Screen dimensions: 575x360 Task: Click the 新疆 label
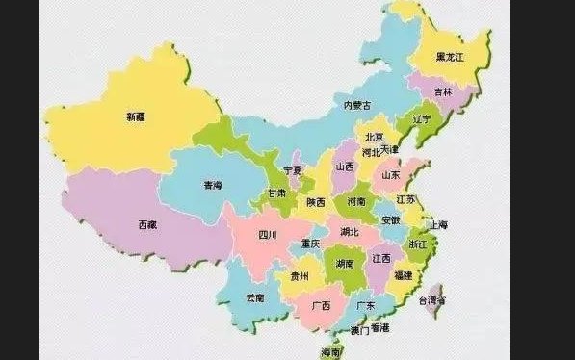[137, 116]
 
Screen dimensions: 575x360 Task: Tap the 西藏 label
[147, 225]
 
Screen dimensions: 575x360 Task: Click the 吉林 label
[442, 92]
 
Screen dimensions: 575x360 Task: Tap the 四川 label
[267, 235]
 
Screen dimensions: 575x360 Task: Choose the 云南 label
[255, 297]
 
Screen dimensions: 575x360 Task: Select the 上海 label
[437, 224]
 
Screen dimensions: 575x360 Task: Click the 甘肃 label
[276, 193]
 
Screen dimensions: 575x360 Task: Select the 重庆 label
[310, 243]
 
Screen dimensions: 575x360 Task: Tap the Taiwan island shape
[435, 300]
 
